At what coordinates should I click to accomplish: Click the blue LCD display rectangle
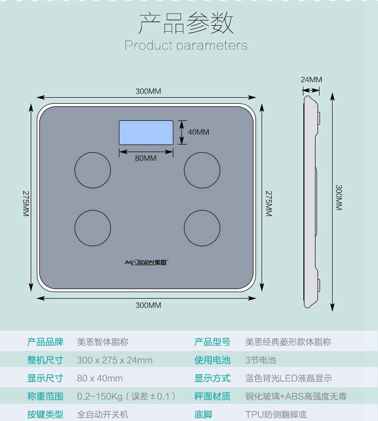tap(146, 132)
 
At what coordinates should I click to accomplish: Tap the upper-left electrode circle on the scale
tap(93, 170)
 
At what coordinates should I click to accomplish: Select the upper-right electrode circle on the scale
tap(202, 170)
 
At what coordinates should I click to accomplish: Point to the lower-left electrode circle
tap(93, 228)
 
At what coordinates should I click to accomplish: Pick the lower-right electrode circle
tap(202, 228)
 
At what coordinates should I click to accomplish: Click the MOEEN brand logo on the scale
tap(147, 262)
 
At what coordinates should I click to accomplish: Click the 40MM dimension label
tap(199, 132)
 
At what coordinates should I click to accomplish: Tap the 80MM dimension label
tap(146, 158)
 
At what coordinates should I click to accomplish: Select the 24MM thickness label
tap(311, 80)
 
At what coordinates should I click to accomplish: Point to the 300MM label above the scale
tap(148, 91)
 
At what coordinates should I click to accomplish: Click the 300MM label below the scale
tap(148, 305)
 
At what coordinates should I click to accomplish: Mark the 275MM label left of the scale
tap(26, 203)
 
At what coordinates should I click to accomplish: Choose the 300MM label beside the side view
tap(339, 197)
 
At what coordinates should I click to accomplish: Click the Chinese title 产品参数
tap(186, 24)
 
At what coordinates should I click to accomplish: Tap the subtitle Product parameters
tap(186, 45)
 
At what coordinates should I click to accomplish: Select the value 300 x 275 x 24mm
tap(114, 360)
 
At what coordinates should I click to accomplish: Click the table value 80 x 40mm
tap(100, 378)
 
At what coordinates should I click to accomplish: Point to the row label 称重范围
tap(45, 396)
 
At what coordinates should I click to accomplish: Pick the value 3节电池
tap(261, 360)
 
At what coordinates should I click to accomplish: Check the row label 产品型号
tap(212, 342)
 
